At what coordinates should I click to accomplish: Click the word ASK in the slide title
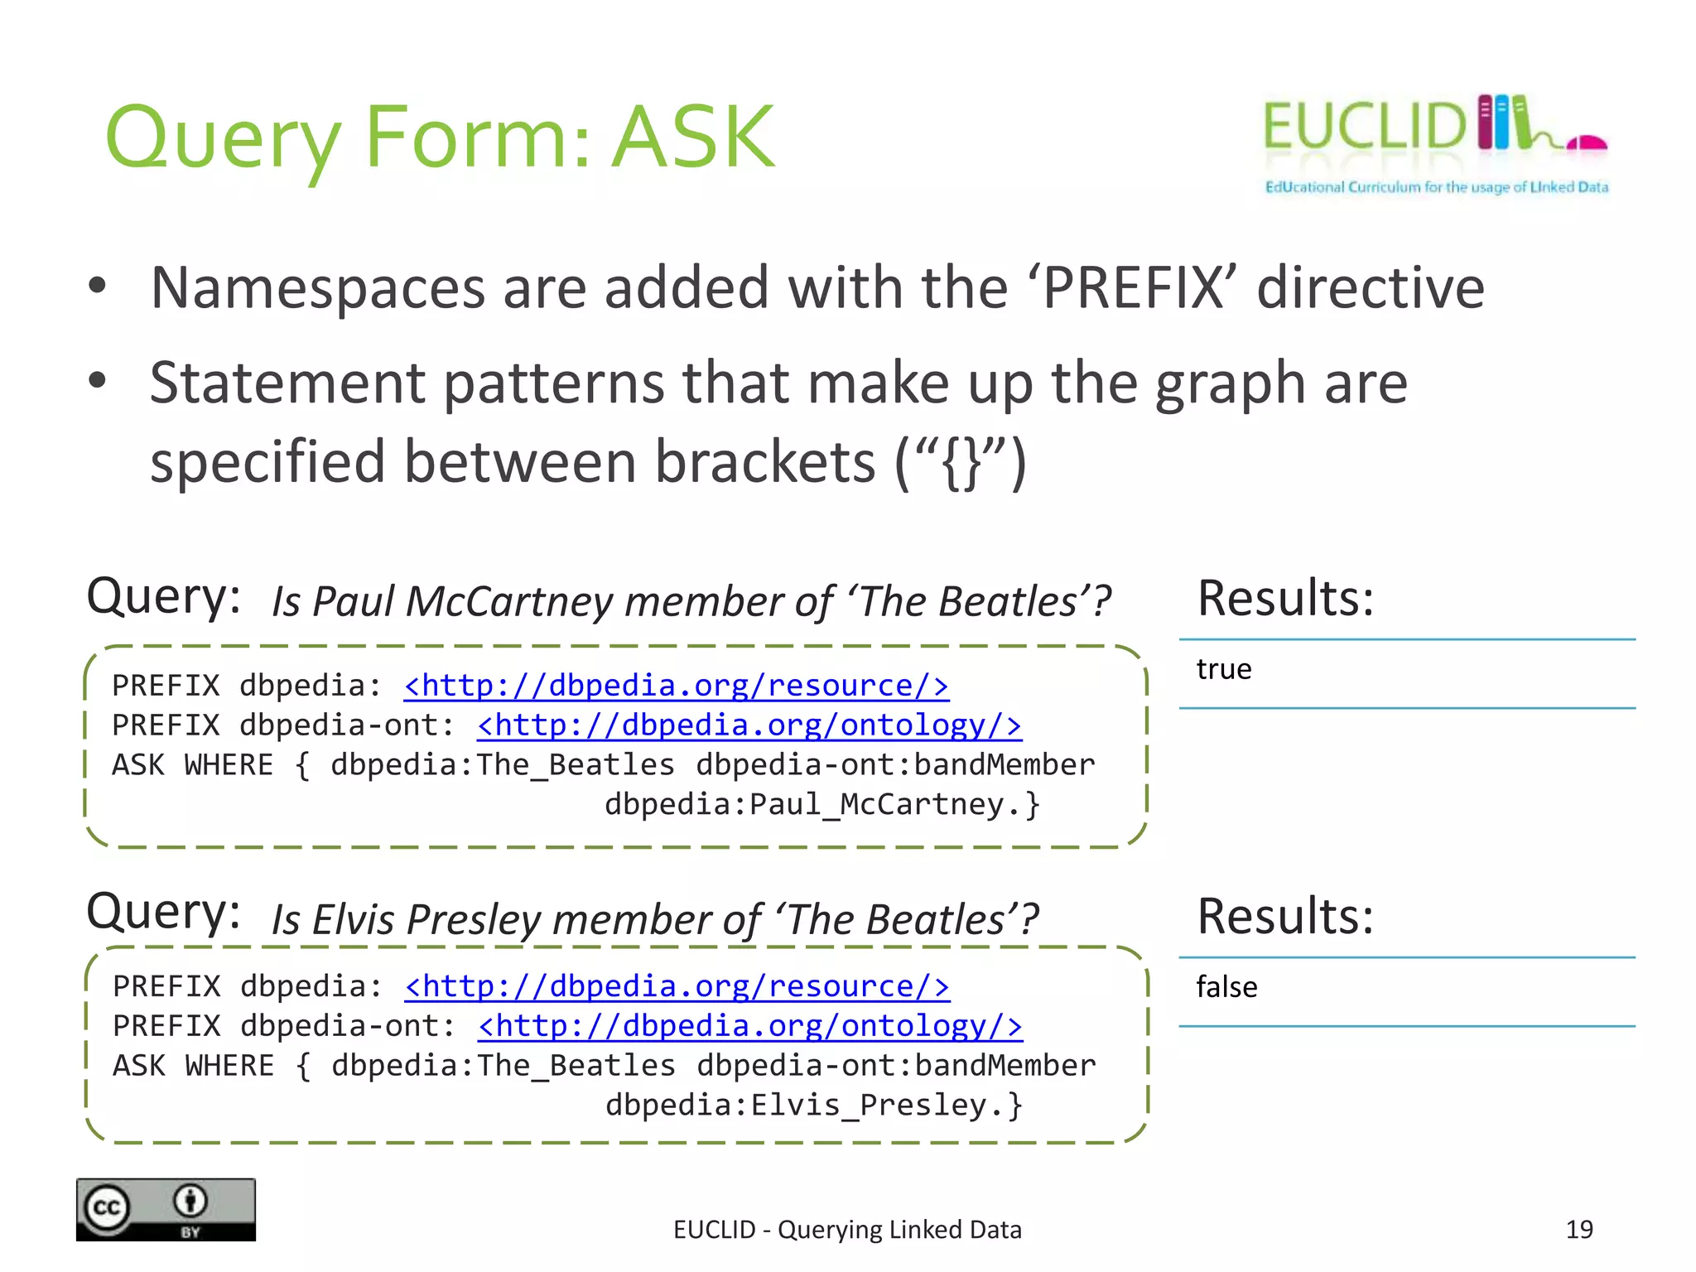coord(694,137)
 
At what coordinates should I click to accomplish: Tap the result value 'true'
coord(1223,669)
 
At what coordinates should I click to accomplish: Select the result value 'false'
coord(1226,987)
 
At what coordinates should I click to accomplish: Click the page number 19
coord(1579,1229)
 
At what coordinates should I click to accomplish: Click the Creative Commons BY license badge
coord(166,1209)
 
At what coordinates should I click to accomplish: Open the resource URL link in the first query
coord(676,686)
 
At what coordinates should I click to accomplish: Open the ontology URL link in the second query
coord(749,1026)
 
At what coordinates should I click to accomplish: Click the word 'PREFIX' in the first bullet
coord(1133,288)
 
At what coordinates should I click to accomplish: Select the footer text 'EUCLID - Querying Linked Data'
coord(847,1230)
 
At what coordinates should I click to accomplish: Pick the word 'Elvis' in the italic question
coord(354,919)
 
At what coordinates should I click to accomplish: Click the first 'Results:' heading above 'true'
coord(1285,598)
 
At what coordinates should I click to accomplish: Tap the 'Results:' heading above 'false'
coord(1285,916)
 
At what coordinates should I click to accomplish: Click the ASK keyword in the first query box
coord(138,764)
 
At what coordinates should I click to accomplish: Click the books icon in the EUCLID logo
coord(1503,123)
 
